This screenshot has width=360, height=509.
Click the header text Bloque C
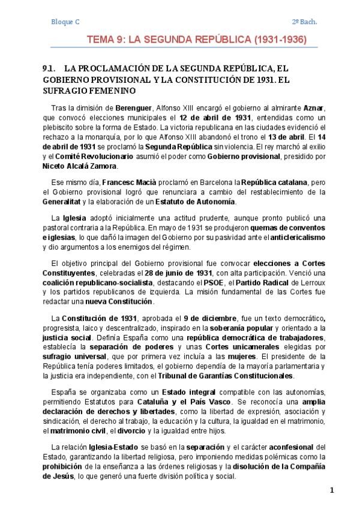pyautogui.click(x=65, y=22)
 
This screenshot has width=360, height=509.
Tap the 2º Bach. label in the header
pyautogui.click(x=305, y=22)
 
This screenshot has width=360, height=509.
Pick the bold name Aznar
pyautogui.click(x=315, y=107)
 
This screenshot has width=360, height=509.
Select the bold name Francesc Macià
pyautogui.click(x=127, y=182)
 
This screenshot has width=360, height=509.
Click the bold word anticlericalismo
pyautogui.click(x=292, y=238)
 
